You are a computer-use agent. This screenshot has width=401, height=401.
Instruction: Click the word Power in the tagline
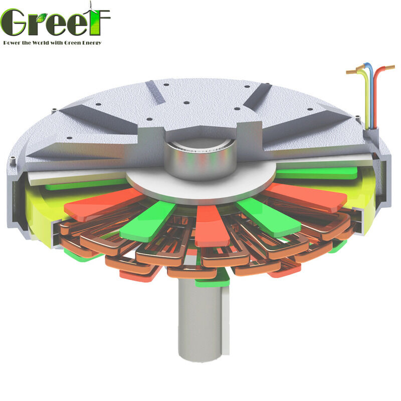13,43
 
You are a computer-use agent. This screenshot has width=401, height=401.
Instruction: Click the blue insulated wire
370,95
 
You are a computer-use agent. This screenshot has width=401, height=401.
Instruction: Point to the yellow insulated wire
364,100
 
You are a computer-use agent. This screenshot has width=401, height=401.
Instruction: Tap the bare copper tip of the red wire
391,67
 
